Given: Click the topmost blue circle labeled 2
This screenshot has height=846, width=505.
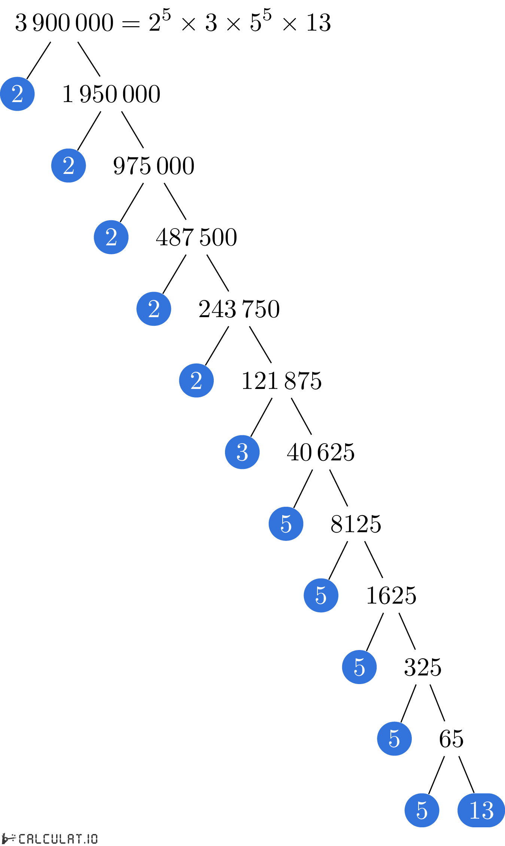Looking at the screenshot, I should click(17, 94).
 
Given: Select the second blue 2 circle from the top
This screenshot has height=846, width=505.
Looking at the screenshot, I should click(69, 165).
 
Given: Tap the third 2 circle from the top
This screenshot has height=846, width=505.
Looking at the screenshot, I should click(111, 237).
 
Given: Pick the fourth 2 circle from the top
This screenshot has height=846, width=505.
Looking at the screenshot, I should click(154, 309).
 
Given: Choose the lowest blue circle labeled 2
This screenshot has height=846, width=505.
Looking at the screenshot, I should click(196, 380).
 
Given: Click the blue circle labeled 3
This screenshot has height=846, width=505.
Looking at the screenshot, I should click(242, 452).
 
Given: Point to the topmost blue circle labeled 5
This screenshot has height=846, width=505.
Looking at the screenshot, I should click(286, 524).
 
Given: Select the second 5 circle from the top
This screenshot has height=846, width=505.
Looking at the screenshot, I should click(321, 595).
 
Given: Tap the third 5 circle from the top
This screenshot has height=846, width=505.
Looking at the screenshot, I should click(359, 667).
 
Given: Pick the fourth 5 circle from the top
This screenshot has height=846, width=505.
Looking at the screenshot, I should click(394, 739).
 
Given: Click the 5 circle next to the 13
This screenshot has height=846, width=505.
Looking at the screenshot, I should click(422, 810).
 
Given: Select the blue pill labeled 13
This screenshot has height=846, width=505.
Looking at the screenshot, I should click(481, 810).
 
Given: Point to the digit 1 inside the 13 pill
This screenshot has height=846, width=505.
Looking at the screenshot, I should click(474, 810).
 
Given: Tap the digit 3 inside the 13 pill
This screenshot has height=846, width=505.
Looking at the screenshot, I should click(487, 810).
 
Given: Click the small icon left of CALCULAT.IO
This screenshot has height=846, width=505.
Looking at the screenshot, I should click(8, 839).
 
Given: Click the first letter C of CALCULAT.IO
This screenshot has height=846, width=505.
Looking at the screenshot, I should click(22, 839).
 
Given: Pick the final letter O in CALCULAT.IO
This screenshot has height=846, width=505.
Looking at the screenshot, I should click(94, 839).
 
